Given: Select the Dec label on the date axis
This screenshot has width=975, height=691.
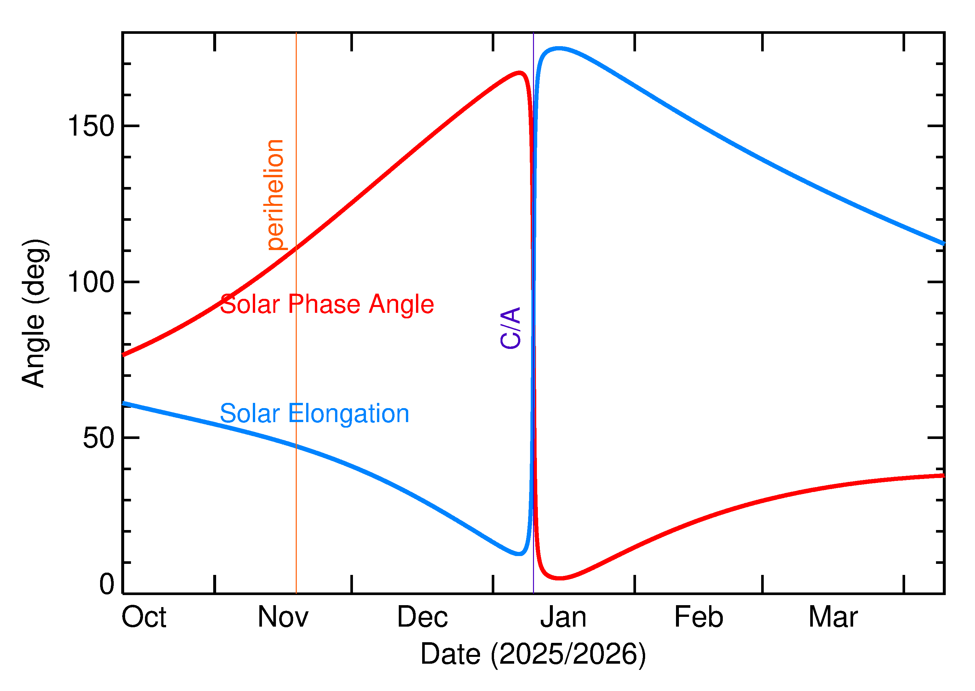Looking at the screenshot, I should pos(422,618).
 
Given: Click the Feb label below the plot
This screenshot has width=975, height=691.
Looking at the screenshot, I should pos(699,618).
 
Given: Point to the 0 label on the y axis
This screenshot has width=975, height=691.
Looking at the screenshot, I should pos(107,584).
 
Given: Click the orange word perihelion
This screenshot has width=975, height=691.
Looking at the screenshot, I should pos(275,194).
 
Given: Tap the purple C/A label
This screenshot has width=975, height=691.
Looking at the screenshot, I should pos(511,328).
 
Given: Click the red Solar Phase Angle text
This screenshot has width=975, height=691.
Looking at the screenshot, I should pos(327,304).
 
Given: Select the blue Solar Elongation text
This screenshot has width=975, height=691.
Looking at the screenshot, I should pos(314,414).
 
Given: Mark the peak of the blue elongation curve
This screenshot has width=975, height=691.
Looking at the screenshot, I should pos(559,48).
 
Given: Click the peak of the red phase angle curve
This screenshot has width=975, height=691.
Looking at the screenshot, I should pos(520,73).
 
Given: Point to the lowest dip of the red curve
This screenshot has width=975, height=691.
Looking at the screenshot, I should pos(560,578).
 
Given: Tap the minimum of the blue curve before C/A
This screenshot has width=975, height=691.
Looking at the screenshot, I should pos(519,554).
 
